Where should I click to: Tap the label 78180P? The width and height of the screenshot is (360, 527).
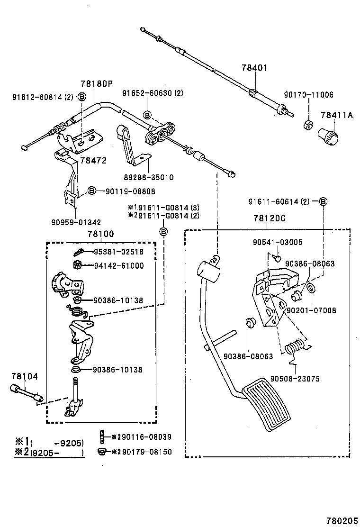coord(97,84)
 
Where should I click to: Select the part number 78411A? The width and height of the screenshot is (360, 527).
coord(337,115)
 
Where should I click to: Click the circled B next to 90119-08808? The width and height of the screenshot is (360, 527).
coord(92,191)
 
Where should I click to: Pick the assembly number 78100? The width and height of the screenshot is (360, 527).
coord(101,234)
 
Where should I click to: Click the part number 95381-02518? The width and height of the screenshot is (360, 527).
coord(118,252)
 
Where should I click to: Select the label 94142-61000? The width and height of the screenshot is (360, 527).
coord(118,266)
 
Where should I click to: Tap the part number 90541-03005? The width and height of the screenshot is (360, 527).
coord(277,242)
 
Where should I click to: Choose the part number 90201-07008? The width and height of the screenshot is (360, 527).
coord(311,310)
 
